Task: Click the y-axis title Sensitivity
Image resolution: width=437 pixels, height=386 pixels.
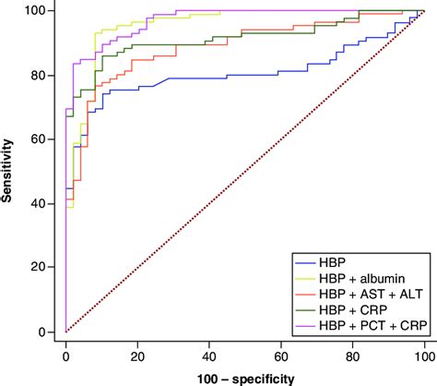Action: pos(9,172)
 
